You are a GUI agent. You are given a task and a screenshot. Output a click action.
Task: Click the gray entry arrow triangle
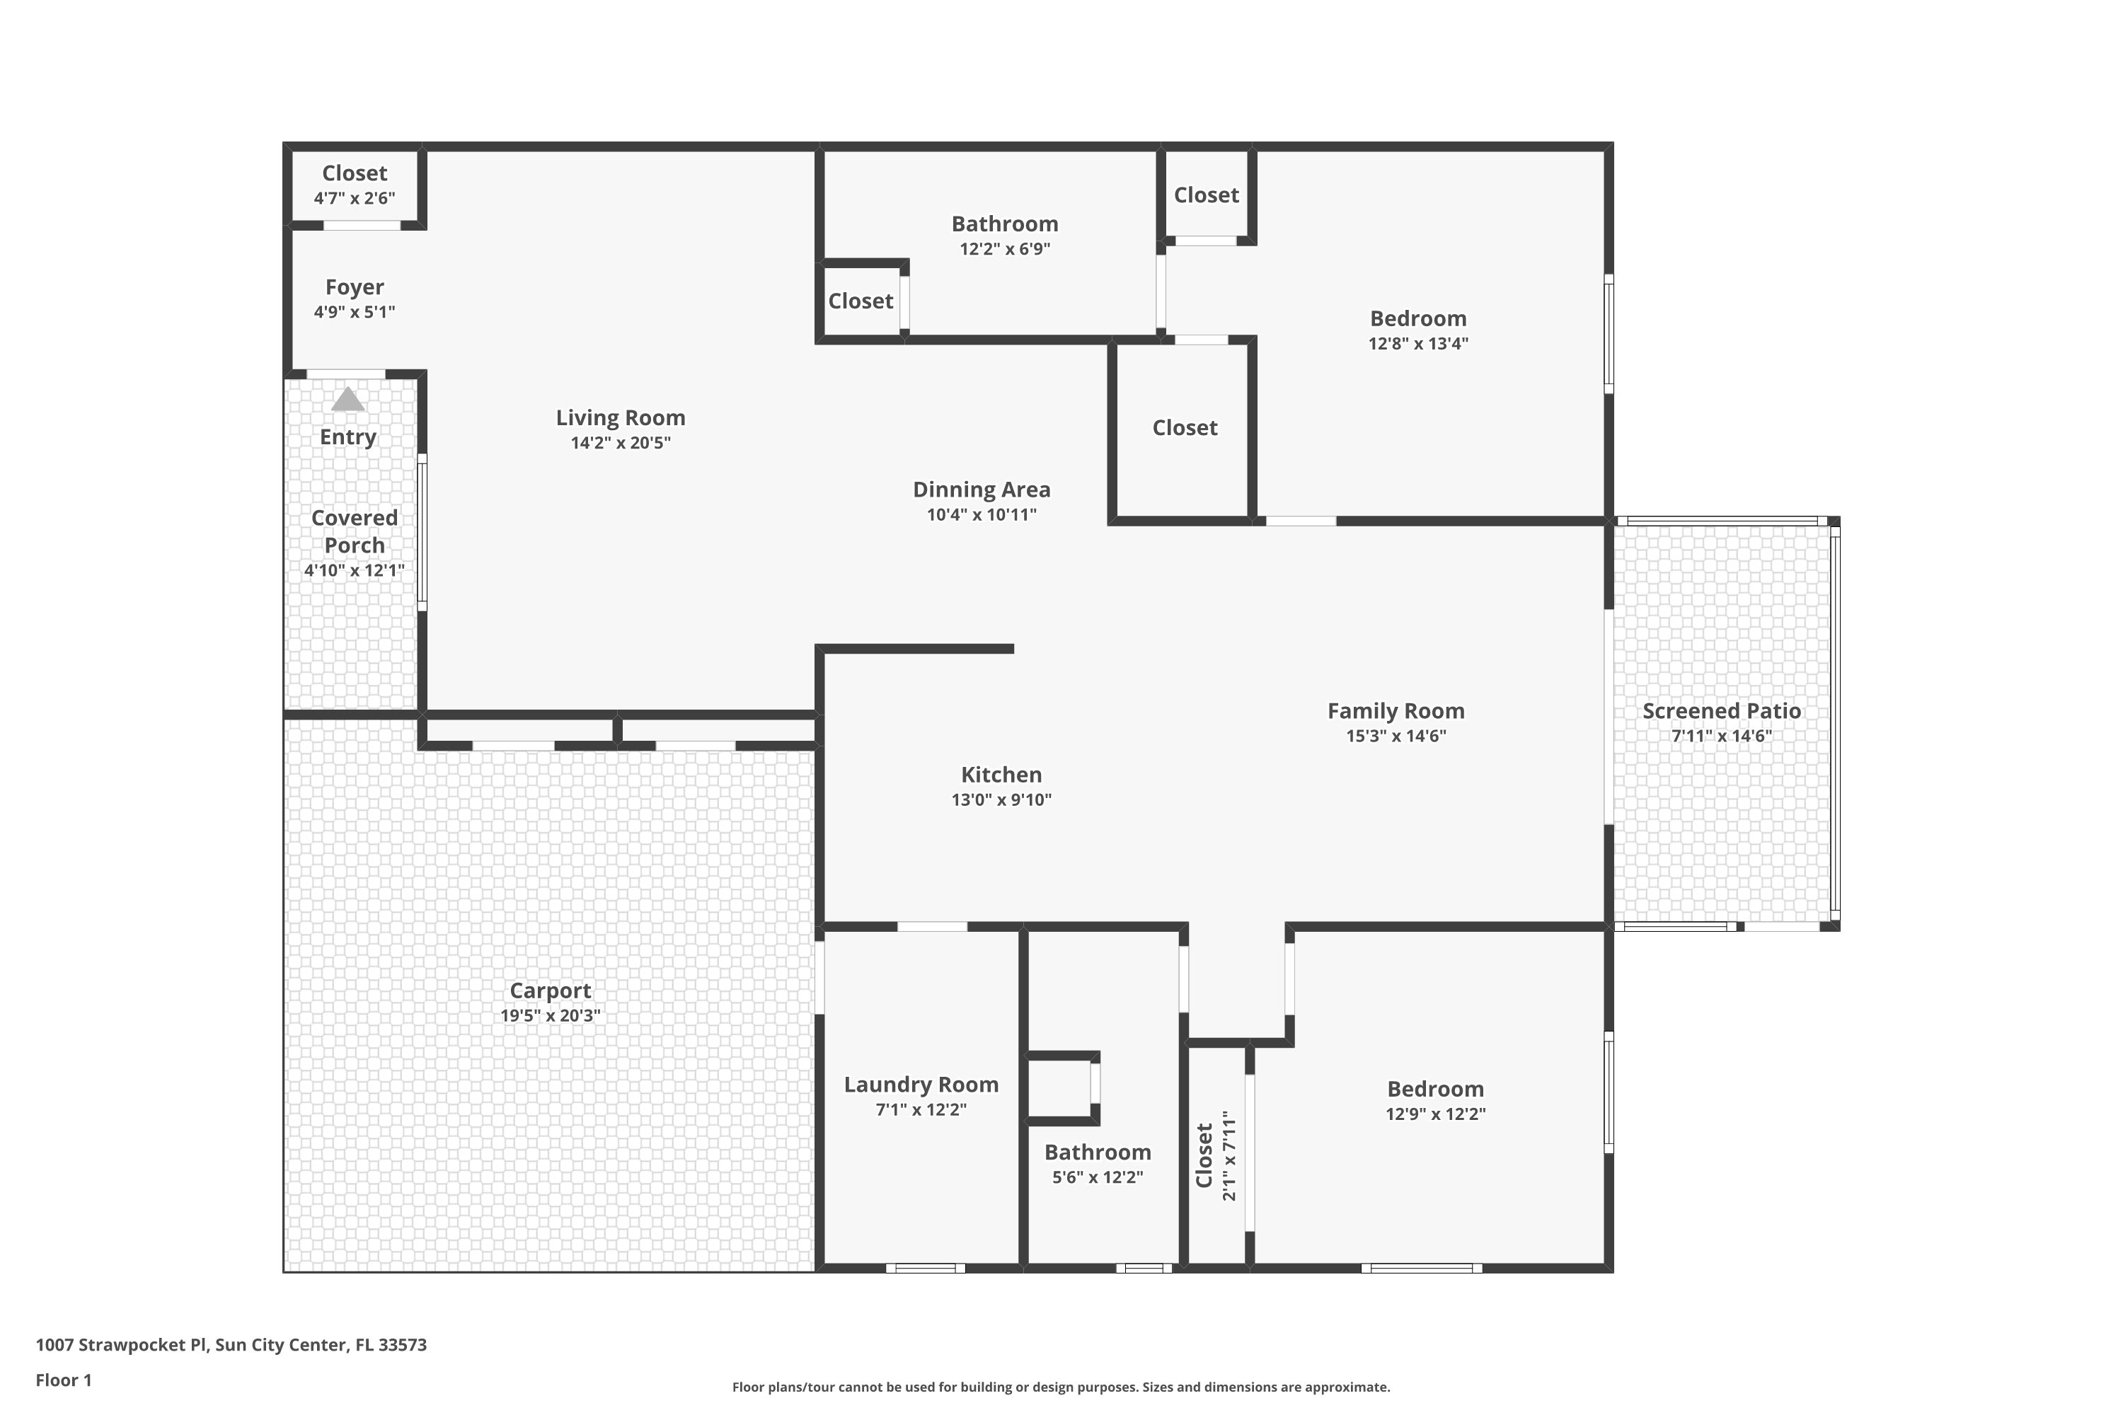coord(347,400)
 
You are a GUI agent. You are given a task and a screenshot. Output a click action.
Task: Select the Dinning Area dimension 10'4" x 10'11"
coord(981,514)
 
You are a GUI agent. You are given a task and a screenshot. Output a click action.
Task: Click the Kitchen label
coord(1001,774)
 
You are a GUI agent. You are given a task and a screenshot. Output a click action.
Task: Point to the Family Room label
coord(1396,711)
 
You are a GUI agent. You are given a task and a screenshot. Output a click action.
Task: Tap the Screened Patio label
coord(1721,711)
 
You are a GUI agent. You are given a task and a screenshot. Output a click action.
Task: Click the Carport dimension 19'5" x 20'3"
coord(550,1015)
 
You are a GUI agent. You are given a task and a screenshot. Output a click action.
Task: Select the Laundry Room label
coord(921,1085)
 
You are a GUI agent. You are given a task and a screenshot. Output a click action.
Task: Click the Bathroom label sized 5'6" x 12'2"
coord(1098,1153)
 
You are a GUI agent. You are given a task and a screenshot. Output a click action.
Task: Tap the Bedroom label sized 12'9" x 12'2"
coord(1435,1090)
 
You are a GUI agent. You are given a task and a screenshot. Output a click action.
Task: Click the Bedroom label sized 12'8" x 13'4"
coord(1418,318)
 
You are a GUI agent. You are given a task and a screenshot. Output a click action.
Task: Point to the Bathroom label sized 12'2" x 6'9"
coord(1005,224)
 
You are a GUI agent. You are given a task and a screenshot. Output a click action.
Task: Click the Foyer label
coord(354,287)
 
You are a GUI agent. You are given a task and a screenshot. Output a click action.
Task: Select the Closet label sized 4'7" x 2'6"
coord(354,173)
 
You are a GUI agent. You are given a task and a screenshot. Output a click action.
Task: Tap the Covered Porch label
coord(354,531)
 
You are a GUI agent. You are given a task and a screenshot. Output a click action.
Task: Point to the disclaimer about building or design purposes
coord(1061,1387)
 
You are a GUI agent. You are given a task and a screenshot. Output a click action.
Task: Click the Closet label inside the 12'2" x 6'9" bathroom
coord(861,301)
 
